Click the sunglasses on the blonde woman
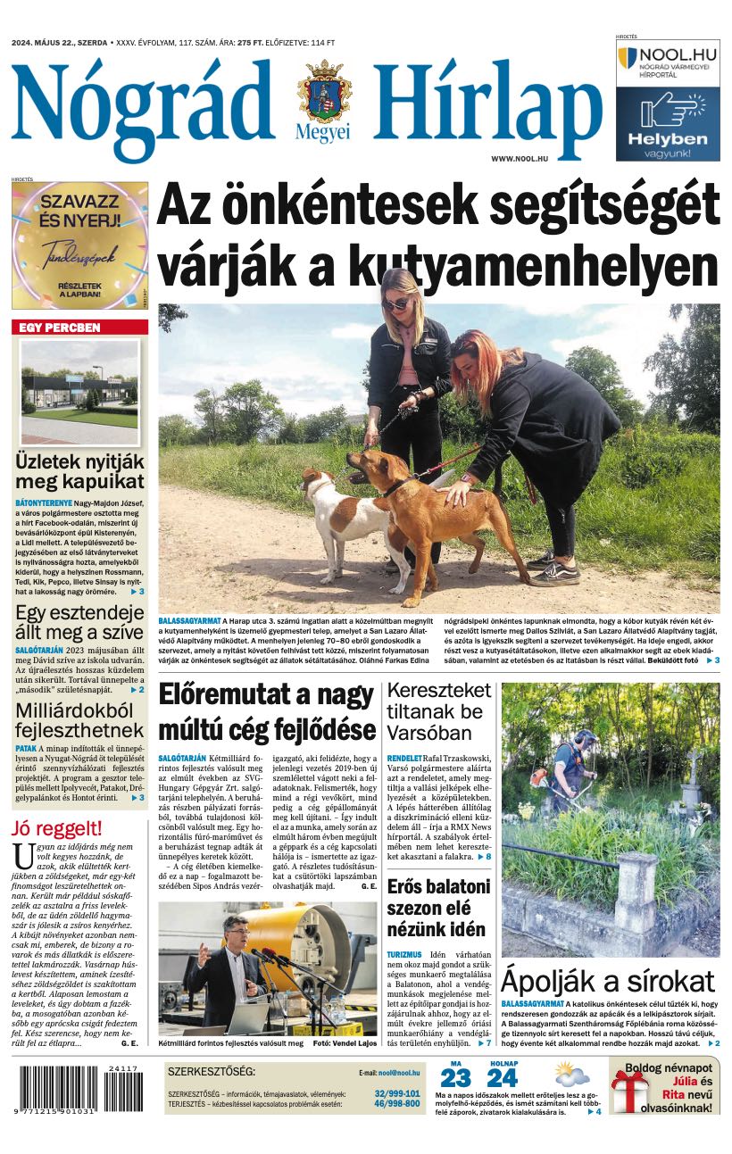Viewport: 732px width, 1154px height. coord(395,303)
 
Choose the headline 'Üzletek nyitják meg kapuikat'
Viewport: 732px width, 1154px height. coord(79,472)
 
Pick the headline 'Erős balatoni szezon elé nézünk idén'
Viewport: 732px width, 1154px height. coord(438,908)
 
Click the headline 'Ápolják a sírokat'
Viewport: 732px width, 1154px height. coord(608,980)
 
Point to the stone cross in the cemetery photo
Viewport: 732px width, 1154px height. coord(693,768)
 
